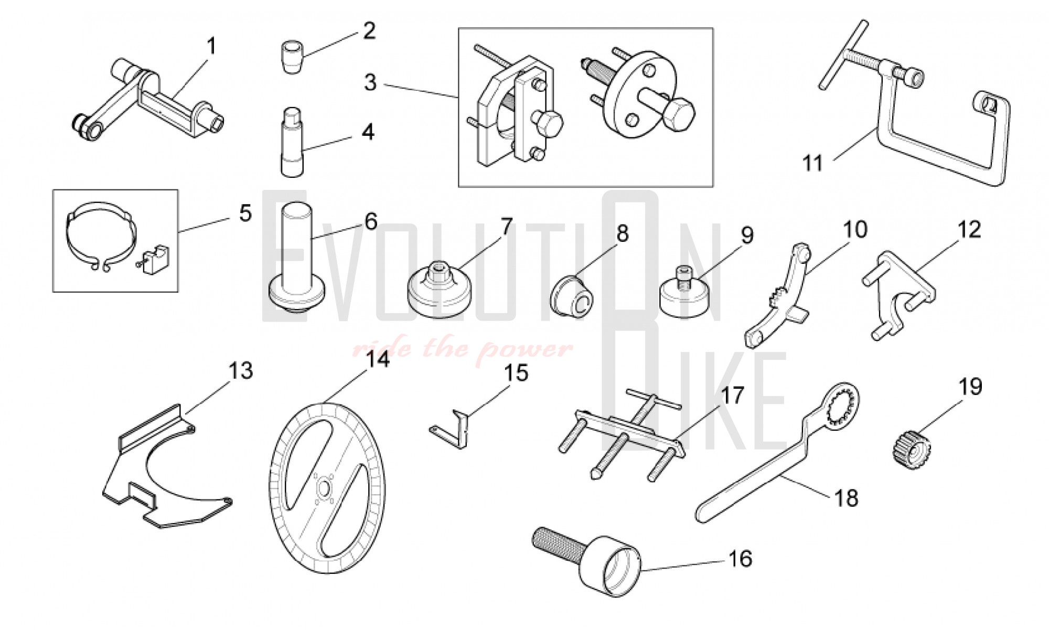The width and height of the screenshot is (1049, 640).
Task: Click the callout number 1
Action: tap(211, 47)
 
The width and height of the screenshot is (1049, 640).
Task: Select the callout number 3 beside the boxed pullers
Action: tap(370, 83)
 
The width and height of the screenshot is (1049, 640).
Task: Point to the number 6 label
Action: tap(371, 222)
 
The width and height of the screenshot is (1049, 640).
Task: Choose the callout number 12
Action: tap(969, 230)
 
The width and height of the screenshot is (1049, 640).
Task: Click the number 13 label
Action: tap(241, 371)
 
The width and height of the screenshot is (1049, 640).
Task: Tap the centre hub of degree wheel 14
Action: tap(325, 488)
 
